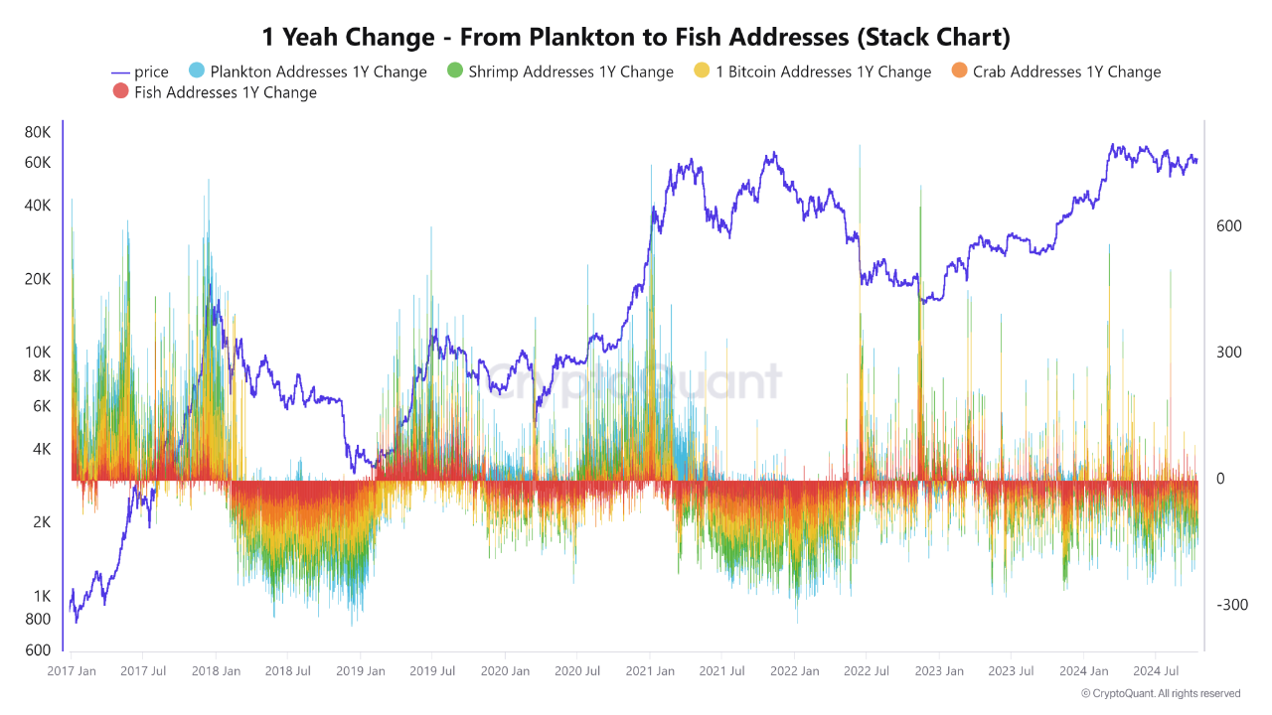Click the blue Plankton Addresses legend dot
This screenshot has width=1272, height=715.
click(x=196, y=71)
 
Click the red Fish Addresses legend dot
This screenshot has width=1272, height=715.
click(x=121, y=92)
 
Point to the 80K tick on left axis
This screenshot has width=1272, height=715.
click(x=37, y=132)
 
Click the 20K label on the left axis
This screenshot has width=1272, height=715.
click(x=37, y=279)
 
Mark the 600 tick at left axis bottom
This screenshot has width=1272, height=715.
click(x=37, y=650)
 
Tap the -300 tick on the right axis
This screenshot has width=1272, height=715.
click(x=1231, y=605)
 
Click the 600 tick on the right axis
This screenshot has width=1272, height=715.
click(x=1229, y=226)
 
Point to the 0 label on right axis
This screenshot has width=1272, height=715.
click(x=1221, y=479)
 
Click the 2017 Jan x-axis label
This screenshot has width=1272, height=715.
click(x=72, y=671)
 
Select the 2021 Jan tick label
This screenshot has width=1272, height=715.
click(x=650, y=671)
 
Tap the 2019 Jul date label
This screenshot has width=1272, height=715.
click(x=433, y=671)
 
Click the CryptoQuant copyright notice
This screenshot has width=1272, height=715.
click(x=1160, y=693)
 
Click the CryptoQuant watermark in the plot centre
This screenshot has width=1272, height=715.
click(x=633, y=382)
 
